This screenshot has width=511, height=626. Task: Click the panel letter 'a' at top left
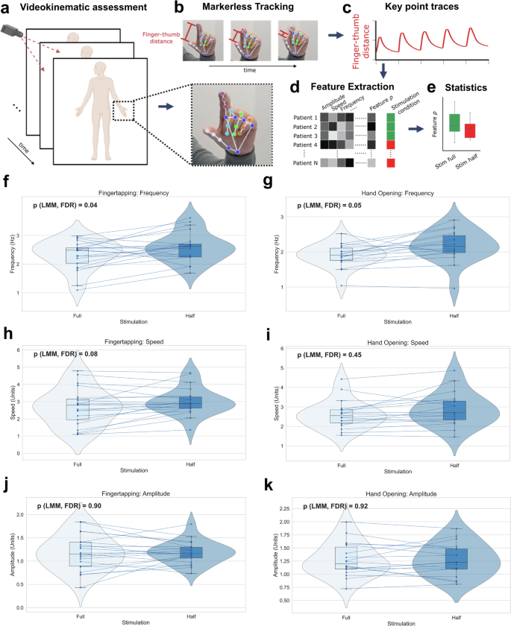click(7, 9)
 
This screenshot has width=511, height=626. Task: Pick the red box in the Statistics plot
click(470, 130)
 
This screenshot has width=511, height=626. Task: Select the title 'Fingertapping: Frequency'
click(137, 192)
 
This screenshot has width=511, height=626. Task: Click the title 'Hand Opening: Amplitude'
click(392, 494)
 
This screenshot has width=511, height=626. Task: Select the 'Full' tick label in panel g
click(341, 315)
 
